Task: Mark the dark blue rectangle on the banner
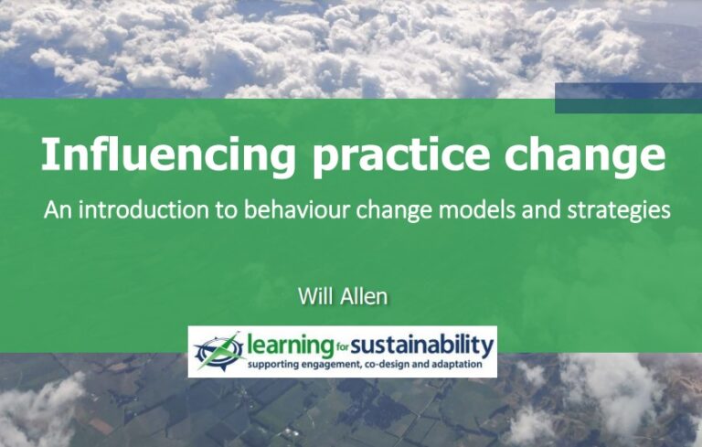(x=627, y=98)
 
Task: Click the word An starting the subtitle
(x=55, y=210)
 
